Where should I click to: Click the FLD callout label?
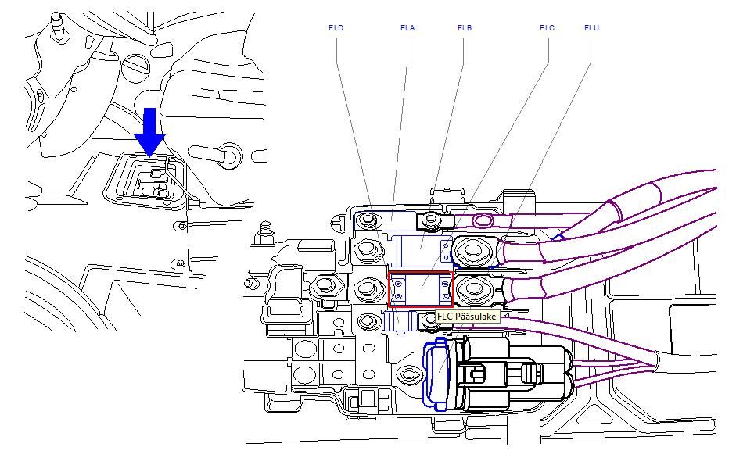click(x=336, y=28)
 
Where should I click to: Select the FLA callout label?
click(x=407, y=28)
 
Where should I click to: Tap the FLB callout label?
click(x=465, y=28)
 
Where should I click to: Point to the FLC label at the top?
click(x=547, y=28)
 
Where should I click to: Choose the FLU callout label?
click(x=591, y=28)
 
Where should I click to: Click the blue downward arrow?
click(x=149, y=131)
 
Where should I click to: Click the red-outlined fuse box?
click(x=420, y=289)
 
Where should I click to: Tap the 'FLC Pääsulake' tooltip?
click(x=466, y=317)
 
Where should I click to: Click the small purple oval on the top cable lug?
click(x=484, y=221)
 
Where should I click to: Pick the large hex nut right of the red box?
click(x=472, y=289)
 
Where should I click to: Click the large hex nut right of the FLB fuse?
click(x=472, y=252)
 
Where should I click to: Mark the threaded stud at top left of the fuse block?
click(x=266, y=228)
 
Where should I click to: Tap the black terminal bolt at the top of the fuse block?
click(x=429, y=221)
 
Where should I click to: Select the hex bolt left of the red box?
click(x=368, y=288)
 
